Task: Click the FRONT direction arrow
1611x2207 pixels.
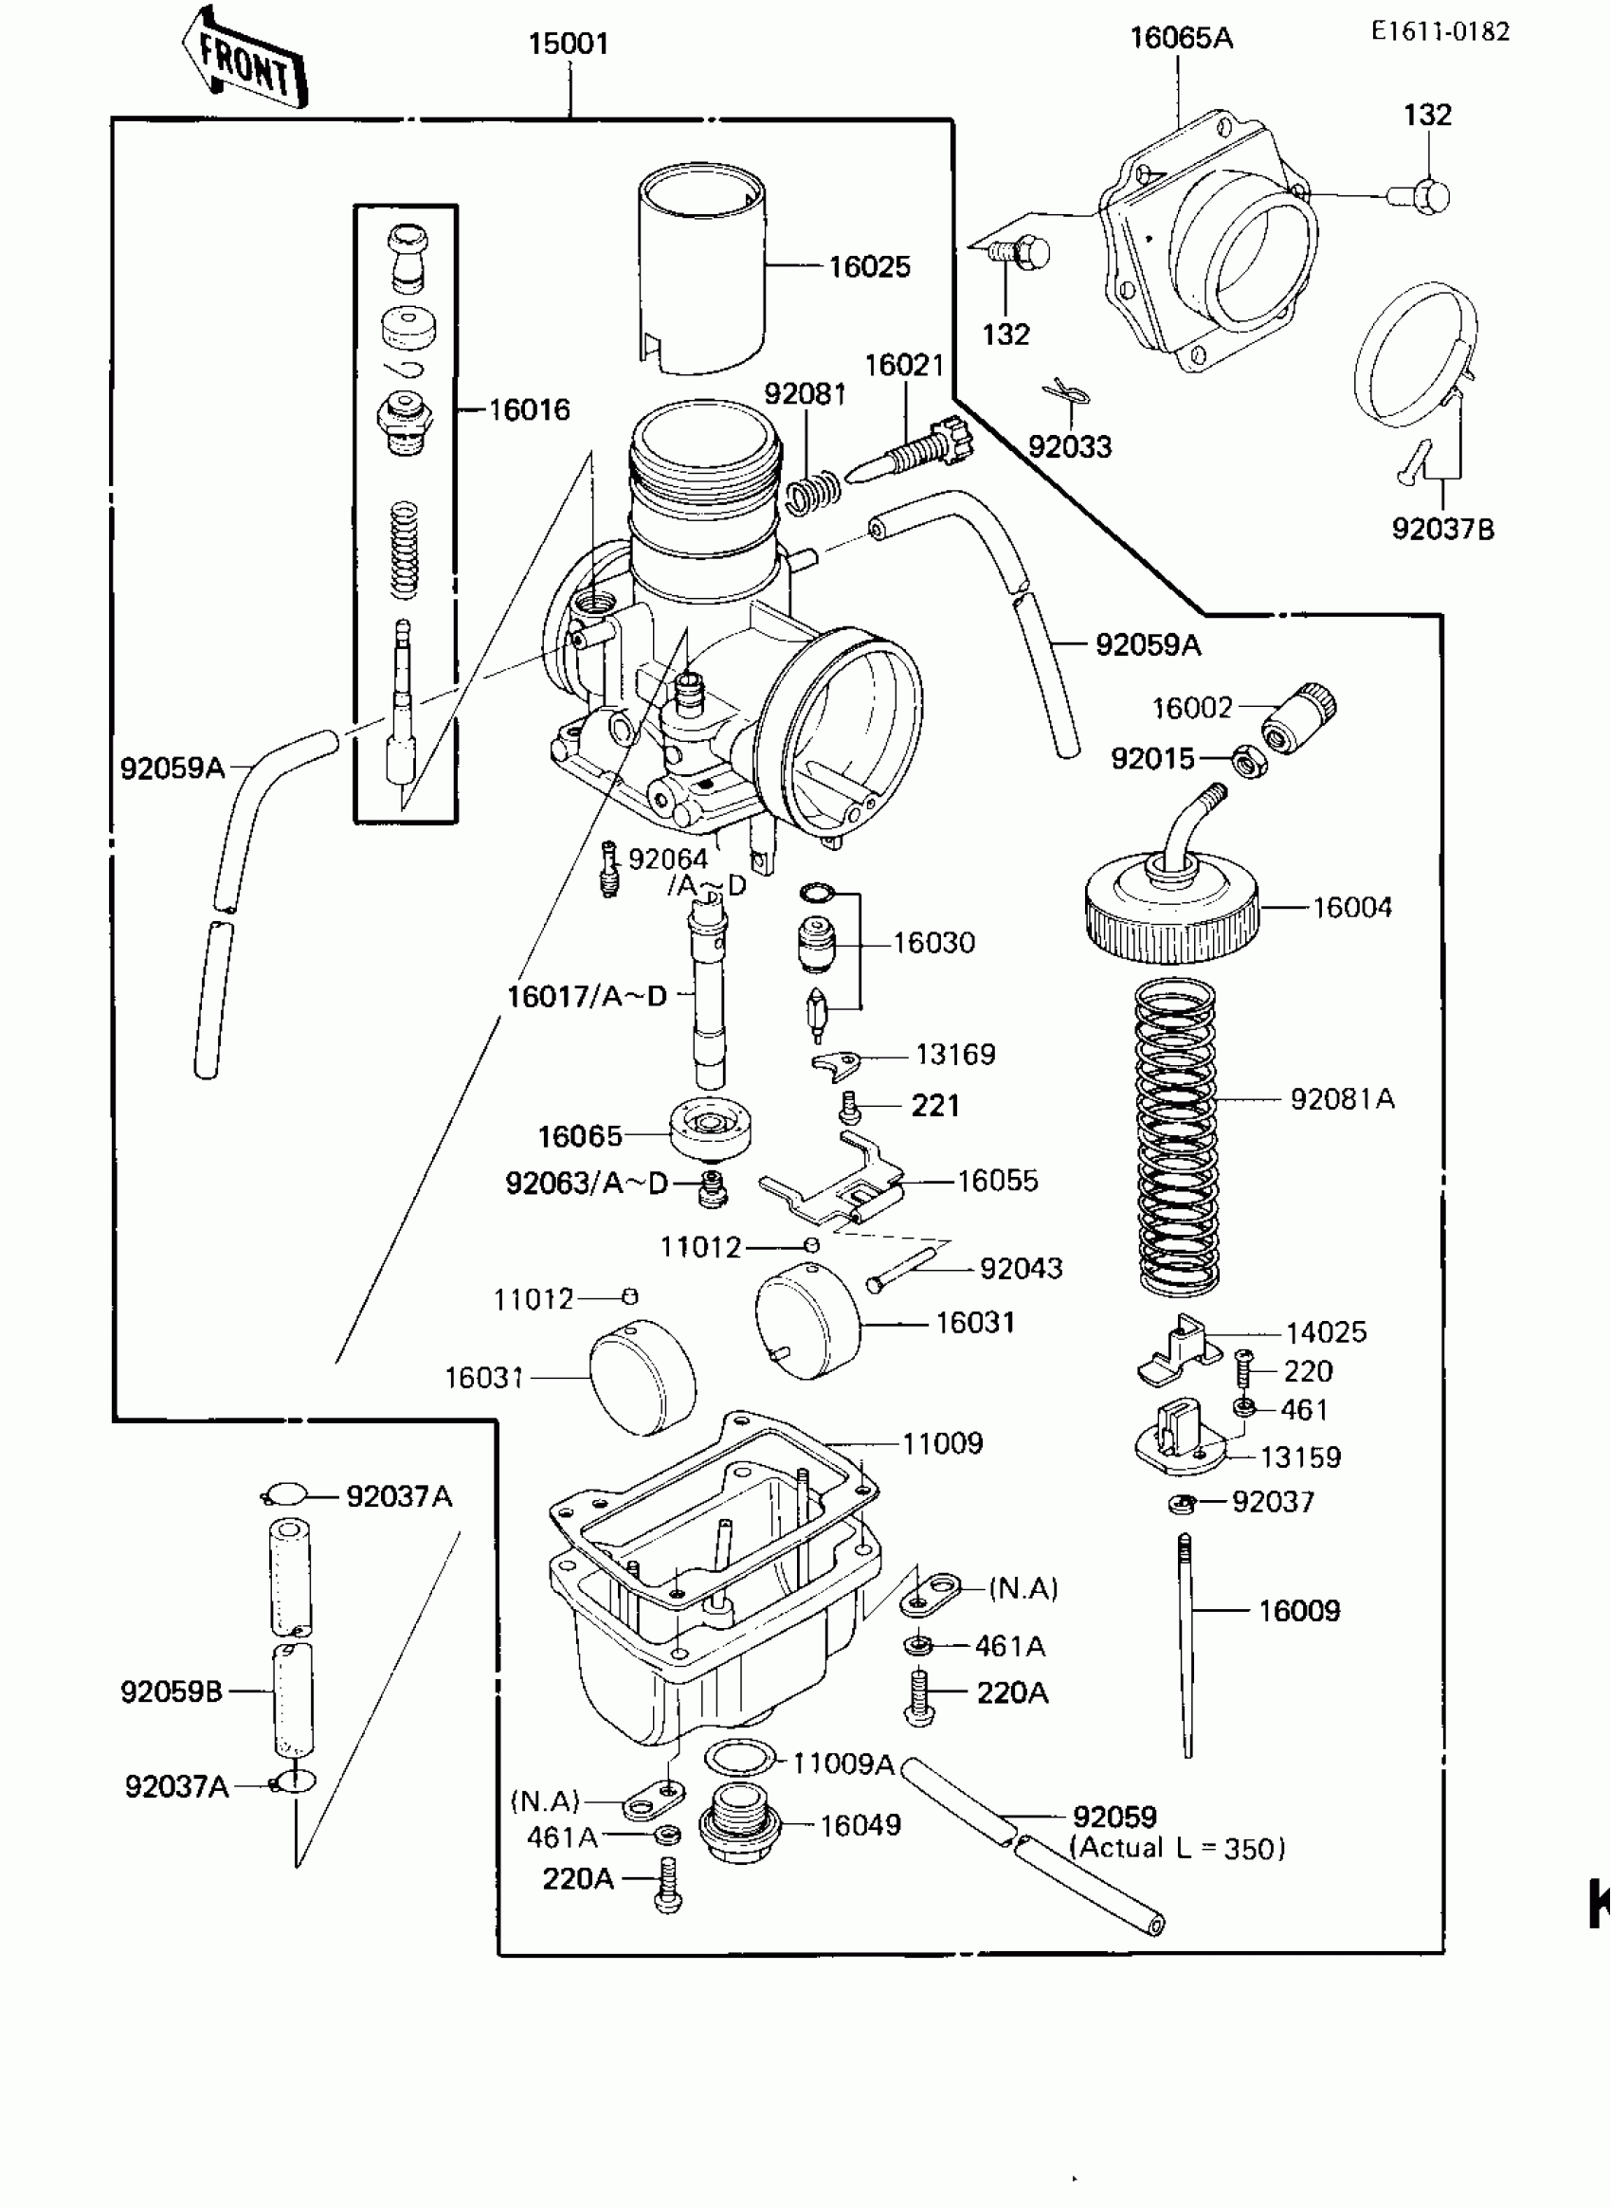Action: pyautogui.click(x=244, y=60)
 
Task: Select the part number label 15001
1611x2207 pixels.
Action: pyautogui.click(x=568, y=44)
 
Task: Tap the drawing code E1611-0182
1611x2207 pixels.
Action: pyautogui.click(x=1439, y=32)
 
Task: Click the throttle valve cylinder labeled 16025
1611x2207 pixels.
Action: pyautogui.click(x=702, y=268)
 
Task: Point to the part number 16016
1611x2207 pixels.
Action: pyautogui.click(x=529, y=409)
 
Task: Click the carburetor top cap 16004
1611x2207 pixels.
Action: pyautogui.click(x=1171, y=907)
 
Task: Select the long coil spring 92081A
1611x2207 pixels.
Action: pyautogui.click(x=1178, y=1136)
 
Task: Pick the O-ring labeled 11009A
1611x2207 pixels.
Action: pyautogui.click(x=740, y=1759)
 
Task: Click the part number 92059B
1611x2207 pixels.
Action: pyautogui.click(x=172, y=1692)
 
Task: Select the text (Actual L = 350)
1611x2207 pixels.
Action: pyautogui.click(x=1177, y=1848)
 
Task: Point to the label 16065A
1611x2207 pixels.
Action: pyautogui.click(x=1181, y=39)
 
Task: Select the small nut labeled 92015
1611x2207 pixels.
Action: pyautogui.click(x=1248, y=761)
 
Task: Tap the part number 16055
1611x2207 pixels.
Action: pyautogui.click(x=998, y=1181)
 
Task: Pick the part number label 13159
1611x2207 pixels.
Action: pyautogui.click(x=1300, y=1458)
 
